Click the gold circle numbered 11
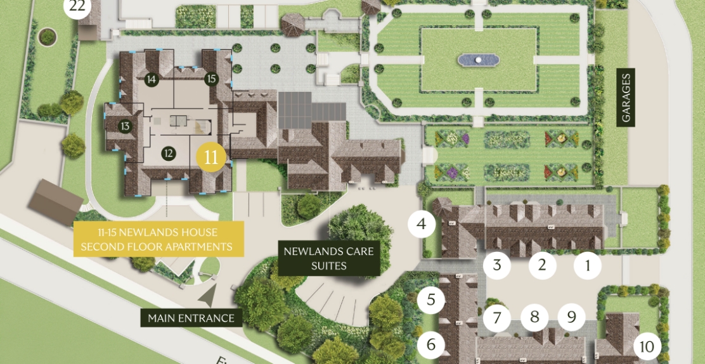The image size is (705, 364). pos(211,158)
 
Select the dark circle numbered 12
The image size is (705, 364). pos(168,153)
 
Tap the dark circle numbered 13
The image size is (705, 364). pos(125,126)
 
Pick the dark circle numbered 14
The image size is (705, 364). pos(151,80)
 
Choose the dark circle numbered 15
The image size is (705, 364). pos(211,79)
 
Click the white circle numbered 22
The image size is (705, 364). pos(77,7)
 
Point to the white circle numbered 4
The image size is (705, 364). pos(422,223)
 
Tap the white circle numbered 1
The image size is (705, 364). pos(588,265)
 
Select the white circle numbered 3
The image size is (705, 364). pos(497,265)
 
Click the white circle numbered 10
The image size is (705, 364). pos(647,346)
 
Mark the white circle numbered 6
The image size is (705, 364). pos(431,344)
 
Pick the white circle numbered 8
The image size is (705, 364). pos(534,317)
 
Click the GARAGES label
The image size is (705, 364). pos(626,97)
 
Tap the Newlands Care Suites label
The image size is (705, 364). pos(329,258)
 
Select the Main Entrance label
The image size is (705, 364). pos(191,318)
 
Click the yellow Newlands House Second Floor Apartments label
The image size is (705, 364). pos(158,239)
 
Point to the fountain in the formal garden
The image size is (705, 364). pos(478,60)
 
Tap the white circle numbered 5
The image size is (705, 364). pos(431,299)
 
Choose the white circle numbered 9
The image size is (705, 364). pos(572,317)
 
